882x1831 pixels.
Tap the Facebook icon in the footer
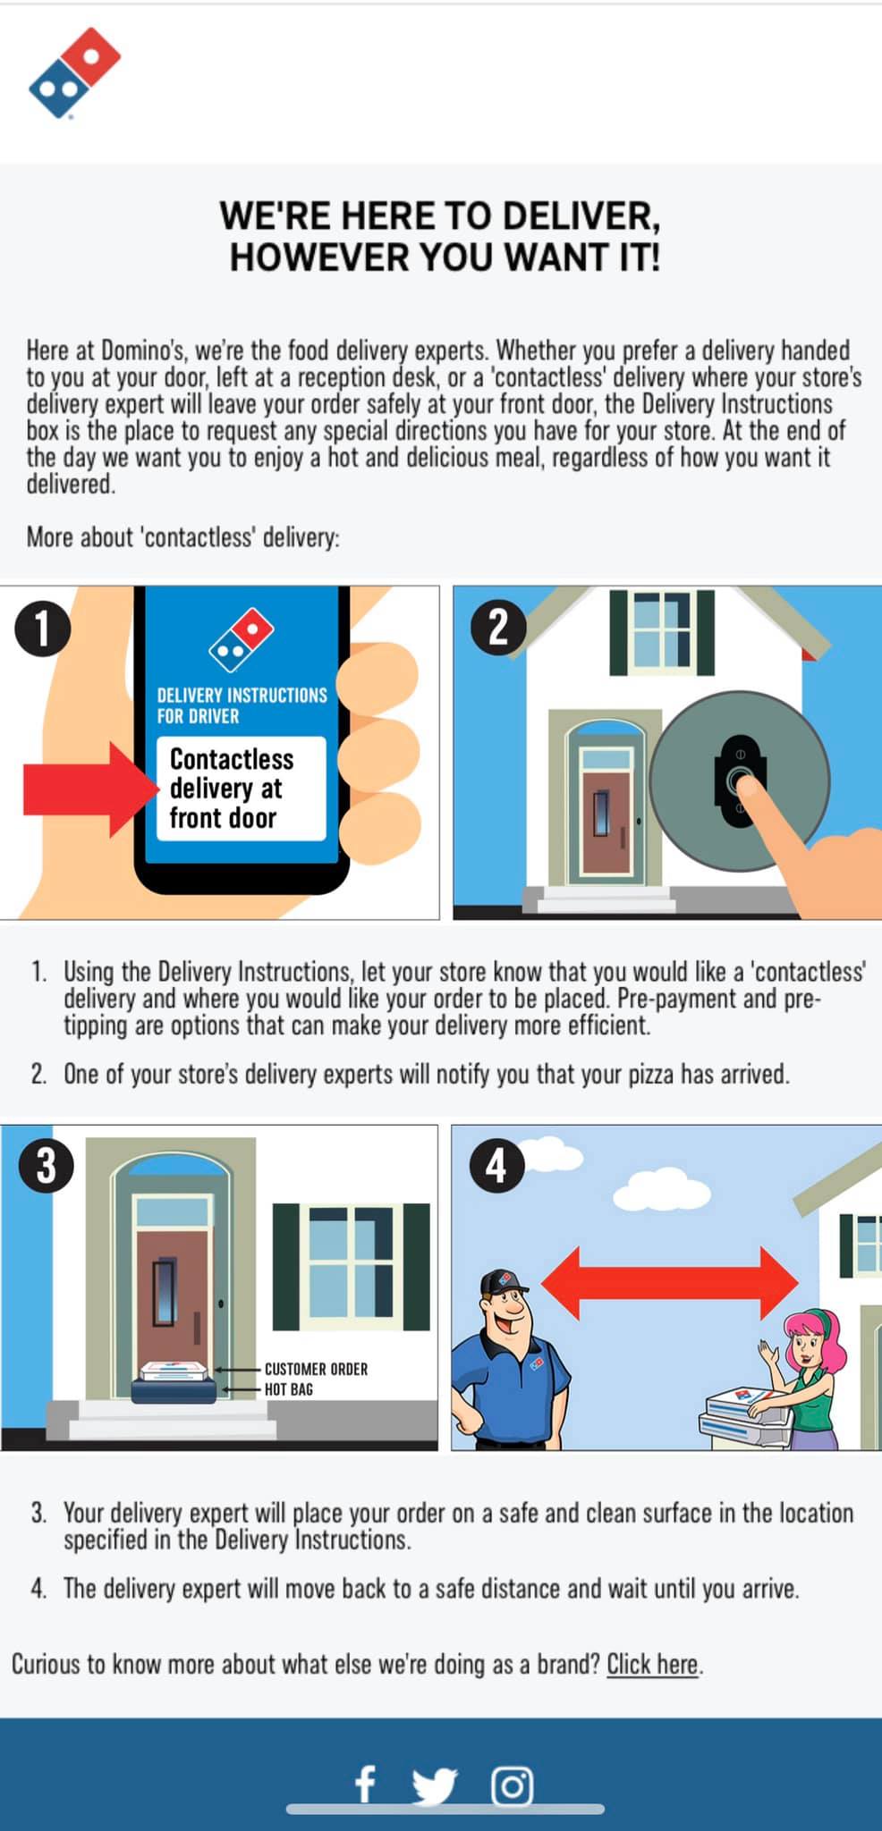pyautogui.click(x=365, y=1785)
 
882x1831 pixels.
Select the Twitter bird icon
pyautogui.click(x=435, y=1785)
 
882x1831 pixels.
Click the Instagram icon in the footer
pyautogui.click(x=513, y=1785)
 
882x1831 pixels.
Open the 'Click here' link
pyautogui.click(x=652, y=1664)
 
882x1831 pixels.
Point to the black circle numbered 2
pyautogui.click(x=498, y=628)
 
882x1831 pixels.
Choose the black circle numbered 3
pyautogui.click(x=47, y=1166)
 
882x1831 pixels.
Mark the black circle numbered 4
pyautogui.click(x=496, y=1166)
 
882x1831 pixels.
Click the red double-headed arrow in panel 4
pyautogui.click(x=670, y=1283)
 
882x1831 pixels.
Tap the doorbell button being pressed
pyautogui.click(x=740, y=780)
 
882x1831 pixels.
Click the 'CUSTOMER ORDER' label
pyautogui.click(x=316, y=1369)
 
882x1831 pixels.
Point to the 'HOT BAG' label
pyautogui.click(x=289, y=1389)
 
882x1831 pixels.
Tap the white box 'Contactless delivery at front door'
pyautogui.click(x=242, y=789)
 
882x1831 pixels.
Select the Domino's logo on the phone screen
pyautogui.click(x=242, y=640)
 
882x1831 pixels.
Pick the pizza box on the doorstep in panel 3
pyautogui.click(x=174, y=1371)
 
